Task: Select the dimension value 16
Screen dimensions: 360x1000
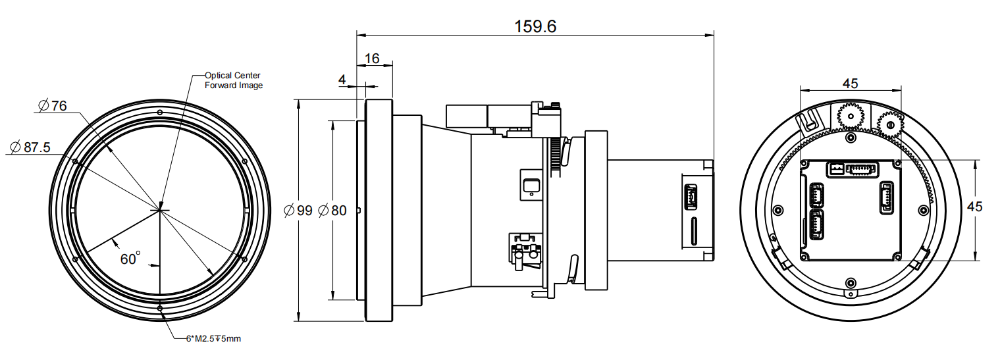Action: [372, 58]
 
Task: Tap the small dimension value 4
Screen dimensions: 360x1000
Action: [342, 80]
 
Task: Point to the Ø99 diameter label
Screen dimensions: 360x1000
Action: [297, 211]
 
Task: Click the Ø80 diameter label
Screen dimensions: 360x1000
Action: [332, 211]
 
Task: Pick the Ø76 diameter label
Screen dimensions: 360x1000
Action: [53, 105]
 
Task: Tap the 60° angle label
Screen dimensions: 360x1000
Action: [130, 259]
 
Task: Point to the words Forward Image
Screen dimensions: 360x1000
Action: [233, 85]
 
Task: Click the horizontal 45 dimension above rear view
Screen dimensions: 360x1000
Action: [850, 83]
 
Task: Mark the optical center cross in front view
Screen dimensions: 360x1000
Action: [160, 210]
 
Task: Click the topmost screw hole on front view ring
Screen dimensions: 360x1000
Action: [160, 112]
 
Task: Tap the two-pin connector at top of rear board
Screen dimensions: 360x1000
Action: [835, 169]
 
